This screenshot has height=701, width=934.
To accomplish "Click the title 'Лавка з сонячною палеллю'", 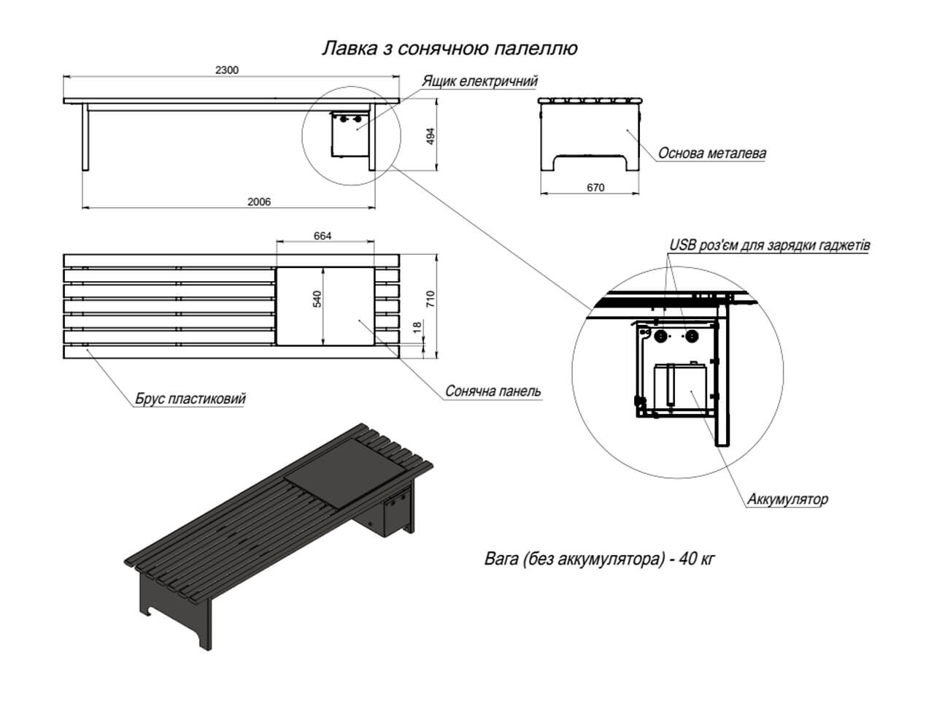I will point(449,49).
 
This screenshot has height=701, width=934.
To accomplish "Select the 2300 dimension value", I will point(227,70).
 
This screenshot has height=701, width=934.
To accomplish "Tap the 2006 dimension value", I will point(258,202).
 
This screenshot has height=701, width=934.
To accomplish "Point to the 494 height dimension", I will point(431,136).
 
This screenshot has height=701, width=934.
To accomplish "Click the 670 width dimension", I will point(595,188).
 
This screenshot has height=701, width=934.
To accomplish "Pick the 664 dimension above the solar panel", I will point(323,236).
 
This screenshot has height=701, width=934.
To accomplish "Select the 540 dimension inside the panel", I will point(317,299).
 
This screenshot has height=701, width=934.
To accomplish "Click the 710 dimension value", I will point(431,299).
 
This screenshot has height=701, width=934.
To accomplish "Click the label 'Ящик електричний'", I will point(479,81).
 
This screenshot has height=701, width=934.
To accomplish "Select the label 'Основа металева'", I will point(711,153).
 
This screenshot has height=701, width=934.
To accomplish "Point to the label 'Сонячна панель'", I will point(493,391).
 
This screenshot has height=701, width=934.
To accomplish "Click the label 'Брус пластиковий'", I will point(190,399).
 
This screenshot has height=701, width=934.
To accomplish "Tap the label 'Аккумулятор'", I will point(787,499).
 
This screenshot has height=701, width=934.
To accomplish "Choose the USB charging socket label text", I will point(769,245).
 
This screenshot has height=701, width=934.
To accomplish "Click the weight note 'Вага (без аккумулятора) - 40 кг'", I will point(599,559).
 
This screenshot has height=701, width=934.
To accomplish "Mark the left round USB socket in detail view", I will point(661,336).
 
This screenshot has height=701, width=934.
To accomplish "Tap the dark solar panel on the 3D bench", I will point(344,471).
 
